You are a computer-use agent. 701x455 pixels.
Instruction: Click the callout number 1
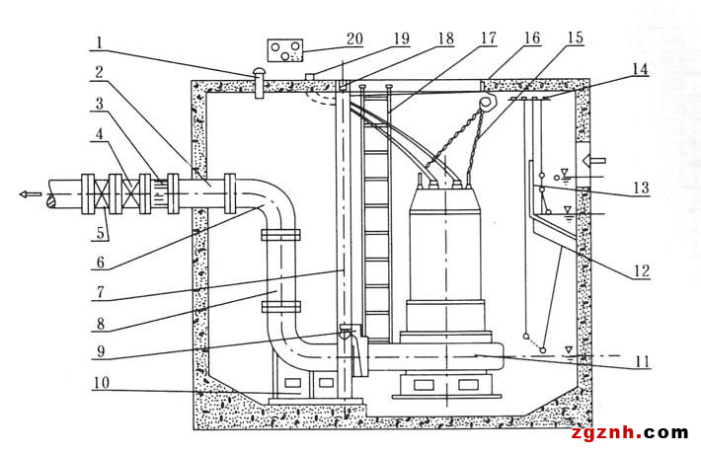pyautogui.click(x=100, y=42)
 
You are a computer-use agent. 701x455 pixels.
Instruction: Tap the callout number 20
pyautogui.click(x=354, y=38)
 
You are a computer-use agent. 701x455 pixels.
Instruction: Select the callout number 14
pyautogui.click(x=640, y=69)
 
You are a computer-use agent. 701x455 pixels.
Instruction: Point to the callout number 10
pyautogui.click(x=102, y=383)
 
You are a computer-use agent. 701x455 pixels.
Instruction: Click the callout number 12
pyautogui.click(x=641, y=270)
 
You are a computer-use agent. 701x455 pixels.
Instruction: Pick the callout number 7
pyautogui.click(x=101, y=292)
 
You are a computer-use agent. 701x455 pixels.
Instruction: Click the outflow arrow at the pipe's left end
pyautogui.click(x=31, y=194)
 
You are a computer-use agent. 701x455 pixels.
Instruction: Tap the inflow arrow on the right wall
pyautogui.click(x=595, y=160)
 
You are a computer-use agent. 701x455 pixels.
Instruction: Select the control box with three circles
pyautogui.click(x=285, y=50)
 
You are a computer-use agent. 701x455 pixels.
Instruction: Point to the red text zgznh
pyautogui.click(x=606, y=432)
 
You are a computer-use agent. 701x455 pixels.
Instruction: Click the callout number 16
pyautogui.click(x=532, y=38)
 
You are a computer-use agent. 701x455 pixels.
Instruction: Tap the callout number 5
pyautogui.click(x=101, y=232)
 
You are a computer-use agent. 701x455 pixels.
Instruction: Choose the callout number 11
pyautogui.click(x=643, y=361)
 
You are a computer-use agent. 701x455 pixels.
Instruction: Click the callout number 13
pyautogui.click(x=641, y=188)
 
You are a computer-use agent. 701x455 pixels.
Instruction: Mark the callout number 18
pyautogui.click(x=446, y=38)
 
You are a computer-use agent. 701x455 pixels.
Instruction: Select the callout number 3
pyautogui.click(x=100, y=104)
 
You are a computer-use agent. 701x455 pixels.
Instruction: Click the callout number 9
pyautogui.click(x=101, y=351)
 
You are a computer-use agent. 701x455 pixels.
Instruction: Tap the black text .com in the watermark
pyautogui.click(x=665, y=432)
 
